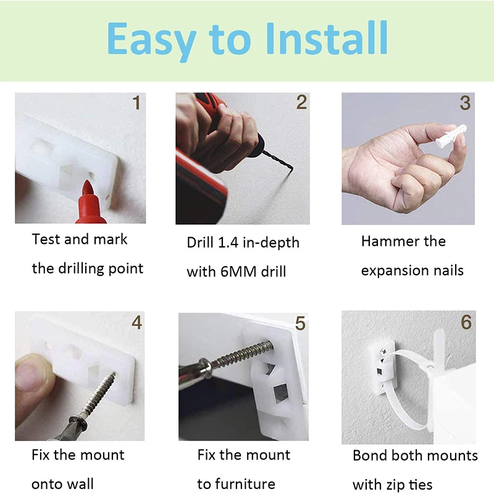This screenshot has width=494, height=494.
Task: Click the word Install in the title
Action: click(327, 38)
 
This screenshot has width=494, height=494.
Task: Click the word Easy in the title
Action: click(152, 41)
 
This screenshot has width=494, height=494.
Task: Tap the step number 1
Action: click(136, 103)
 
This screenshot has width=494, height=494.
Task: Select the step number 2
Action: click(301, 103)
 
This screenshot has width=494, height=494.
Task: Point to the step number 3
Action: click(465, 103)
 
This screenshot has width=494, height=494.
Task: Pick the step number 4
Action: click(136, 322)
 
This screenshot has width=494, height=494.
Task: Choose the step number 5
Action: click(300, 324)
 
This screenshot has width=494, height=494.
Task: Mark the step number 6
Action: click(466, 322)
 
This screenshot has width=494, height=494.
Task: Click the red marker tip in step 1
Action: click(87, 188)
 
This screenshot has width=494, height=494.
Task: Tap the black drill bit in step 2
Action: click(278, 161)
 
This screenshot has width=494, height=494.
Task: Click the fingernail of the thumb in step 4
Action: click(27, 375)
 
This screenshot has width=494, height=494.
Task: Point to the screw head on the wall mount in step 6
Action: click(383, 351)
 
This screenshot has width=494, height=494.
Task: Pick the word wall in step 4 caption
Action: click(81, 484)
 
